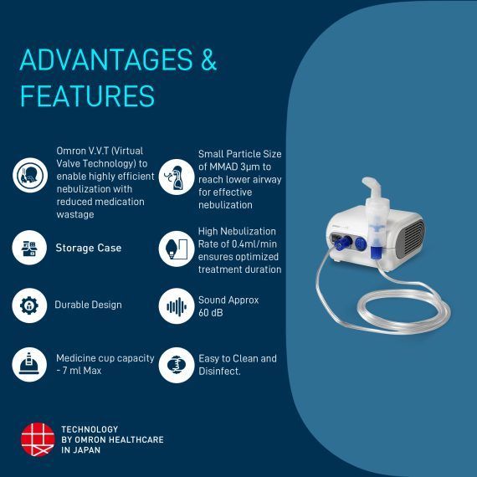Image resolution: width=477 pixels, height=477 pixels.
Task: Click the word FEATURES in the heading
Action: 87,95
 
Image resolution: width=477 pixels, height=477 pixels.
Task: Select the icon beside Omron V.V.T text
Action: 29,175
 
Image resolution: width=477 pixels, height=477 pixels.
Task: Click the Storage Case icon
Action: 29,248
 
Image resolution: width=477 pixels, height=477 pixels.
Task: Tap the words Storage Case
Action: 88,248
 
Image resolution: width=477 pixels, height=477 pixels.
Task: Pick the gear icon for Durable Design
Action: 29,305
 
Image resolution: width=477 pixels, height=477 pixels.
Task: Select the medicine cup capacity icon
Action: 29,364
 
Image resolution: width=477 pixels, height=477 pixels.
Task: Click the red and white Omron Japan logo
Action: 37,439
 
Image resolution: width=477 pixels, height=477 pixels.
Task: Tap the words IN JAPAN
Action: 80,450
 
